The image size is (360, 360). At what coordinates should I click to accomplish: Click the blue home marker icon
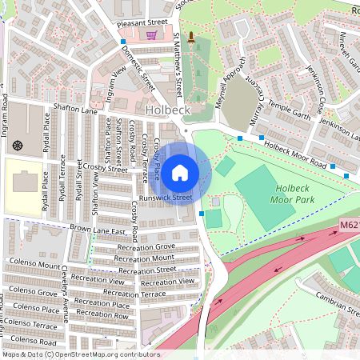tap(180, 172)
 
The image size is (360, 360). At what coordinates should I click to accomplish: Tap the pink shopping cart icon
tap(152, 35)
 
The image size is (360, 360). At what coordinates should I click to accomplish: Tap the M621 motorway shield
tap(348, 226)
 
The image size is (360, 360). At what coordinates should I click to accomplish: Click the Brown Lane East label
tap(98, 230)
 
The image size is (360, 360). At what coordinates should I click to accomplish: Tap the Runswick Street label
tap(165, 197)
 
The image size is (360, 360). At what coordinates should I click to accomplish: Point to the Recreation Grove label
tap(145, 247)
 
